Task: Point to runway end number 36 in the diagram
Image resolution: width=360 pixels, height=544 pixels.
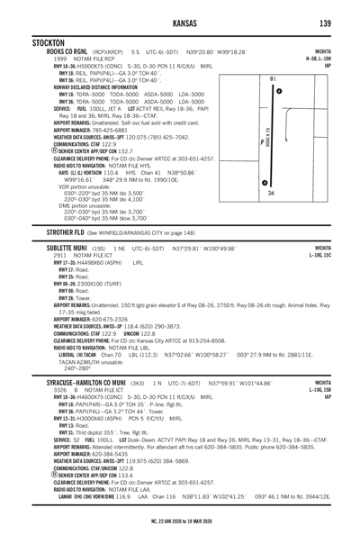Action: coord(271,193)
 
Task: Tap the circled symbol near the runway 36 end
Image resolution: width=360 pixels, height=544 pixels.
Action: coord(264,183)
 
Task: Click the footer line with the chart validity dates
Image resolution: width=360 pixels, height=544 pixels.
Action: coord(180,533)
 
